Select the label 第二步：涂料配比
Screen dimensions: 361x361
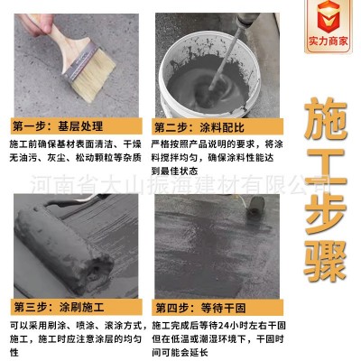click(195, 125)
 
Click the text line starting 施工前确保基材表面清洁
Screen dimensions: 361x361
click(72, 144)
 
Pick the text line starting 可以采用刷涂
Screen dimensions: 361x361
click(72, 325)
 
